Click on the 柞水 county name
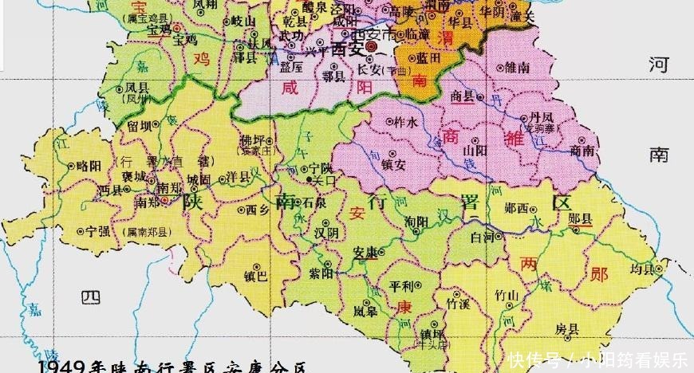[406, 123]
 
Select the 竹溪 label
[458, 304]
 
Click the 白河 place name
[483, 238]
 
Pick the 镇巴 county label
[257, 277]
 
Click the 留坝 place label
[139, 125]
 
